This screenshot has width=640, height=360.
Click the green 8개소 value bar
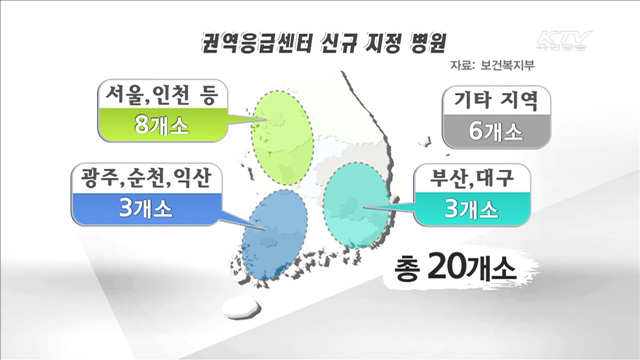[x=164, y=127]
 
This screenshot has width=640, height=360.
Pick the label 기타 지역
[x=496, y=102]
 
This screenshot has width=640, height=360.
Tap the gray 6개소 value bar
[x=496, y=131]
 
